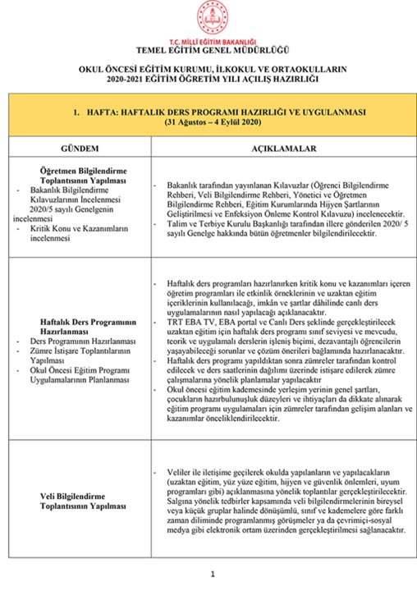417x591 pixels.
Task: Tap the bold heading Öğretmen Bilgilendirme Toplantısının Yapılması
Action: point(81,175)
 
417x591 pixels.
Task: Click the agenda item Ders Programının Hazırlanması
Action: point(76,339)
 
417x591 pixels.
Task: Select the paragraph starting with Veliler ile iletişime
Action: point(283,502)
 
